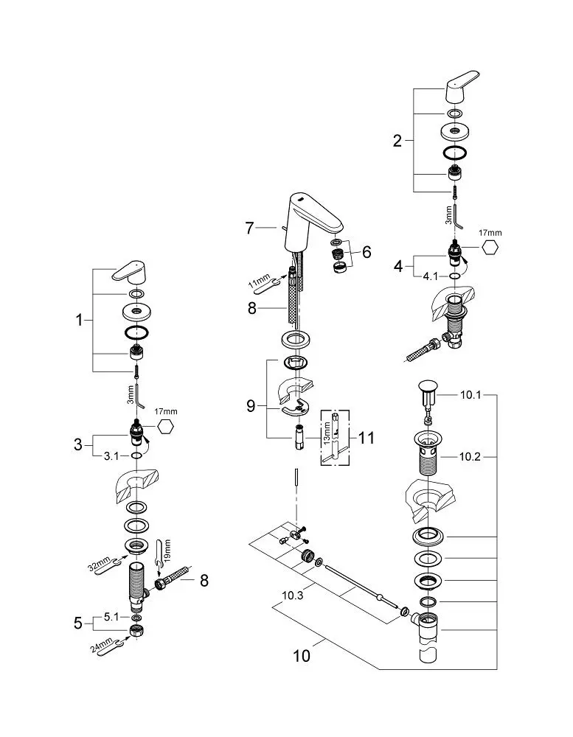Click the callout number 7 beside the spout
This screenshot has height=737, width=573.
click(249, 228)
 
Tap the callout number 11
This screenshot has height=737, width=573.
click(367, 438)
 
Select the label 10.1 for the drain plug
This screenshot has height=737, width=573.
click(470, 395)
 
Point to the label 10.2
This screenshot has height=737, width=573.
click(470, 456)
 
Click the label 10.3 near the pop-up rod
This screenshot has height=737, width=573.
click(292, 595)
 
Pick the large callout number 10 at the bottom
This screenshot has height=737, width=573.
click(302, 656)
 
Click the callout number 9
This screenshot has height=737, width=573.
click(251, 405)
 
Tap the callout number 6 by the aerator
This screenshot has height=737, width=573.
click(367, 252)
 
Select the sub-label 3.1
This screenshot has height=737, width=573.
click(111, 456)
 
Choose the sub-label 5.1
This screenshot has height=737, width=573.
click(111, 617)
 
